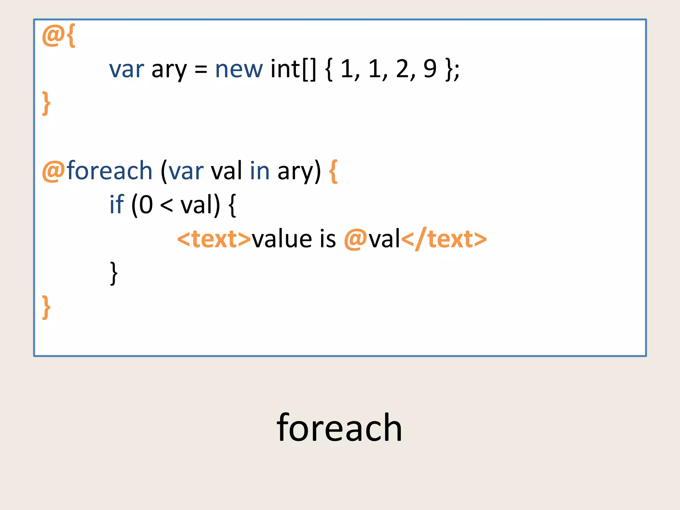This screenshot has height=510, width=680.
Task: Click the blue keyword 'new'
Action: pos(239,70)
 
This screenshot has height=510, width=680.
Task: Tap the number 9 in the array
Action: pos(430,69)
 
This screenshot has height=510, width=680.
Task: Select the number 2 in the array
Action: pos(403,69)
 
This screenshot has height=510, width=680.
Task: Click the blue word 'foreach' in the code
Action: pos(110,171)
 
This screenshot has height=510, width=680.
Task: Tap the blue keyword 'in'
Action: pos(260,171)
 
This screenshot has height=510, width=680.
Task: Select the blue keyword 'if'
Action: pos(117,205)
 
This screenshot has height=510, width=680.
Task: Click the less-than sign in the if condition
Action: pos(166,205)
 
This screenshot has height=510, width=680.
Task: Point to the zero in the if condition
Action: pos(146,205)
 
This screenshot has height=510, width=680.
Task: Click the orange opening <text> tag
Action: pos(214,239)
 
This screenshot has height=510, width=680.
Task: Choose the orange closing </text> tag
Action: pos(444,239)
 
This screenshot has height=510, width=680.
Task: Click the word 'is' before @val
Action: pos(328,239)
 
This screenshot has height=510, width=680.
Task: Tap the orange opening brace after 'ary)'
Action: pos(333,171)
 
